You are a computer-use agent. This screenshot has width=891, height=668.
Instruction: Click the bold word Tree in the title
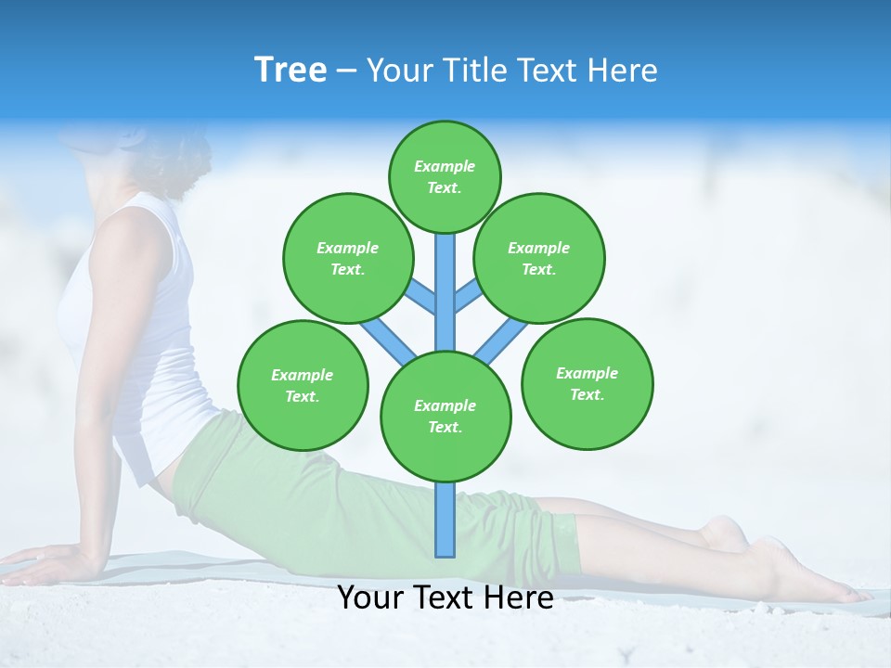coord(291,70)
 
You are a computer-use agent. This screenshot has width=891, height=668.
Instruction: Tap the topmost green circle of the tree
coord(445,176)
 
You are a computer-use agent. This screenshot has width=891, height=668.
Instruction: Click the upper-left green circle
coord(347,258)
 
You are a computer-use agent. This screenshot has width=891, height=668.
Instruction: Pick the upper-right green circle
coord(538,258)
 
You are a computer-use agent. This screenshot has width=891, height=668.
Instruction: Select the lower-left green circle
coord(302,385)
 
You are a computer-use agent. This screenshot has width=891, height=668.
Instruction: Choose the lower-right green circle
coord(587,383)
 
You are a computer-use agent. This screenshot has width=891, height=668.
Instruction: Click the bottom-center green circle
coord(445,416)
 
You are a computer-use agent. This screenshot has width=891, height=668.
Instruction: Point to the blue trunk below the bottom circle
coord(445,520)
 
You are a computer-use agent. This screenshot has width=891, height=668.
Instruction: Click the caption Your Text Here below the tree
coord(445,597)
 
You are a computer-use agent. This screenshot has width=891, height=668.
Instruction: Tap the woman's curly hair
coord(176,153)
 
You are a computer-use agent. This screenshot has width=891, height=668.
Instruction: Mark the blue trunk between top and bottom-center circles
coord(445,292)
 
